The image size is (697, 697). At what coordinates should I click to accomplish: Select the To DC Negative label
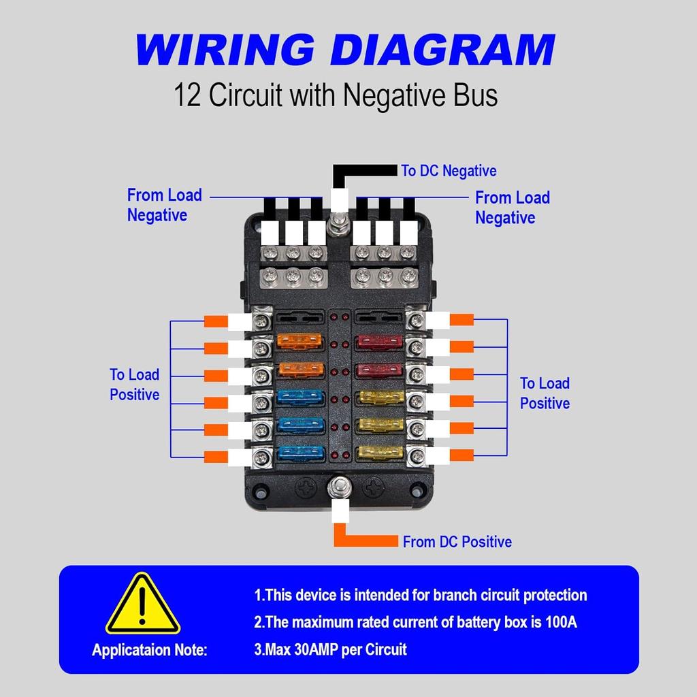coord(449,171)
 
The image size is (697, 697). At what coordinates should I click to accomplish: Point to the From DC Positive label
coord(457,542)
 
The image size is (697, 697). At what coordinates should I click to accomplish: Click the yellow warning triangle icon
coord(142,605)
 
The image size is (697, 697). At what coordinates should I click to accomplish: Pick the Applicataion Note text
coord(149,650)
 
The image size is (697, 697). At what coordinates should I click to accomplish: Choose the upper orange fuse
coord(300,340)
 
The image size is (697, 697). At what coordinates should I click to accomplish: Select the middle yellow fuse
coord(381,425)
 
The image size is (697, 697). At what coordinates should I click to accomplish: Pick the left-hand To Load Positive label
coord(135,385)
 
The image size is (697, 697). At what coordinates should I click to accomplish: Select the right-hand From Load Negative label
coord(512,208)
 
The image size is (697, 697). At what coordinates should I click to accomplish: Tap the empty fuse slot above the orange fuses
coord(300,317)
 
